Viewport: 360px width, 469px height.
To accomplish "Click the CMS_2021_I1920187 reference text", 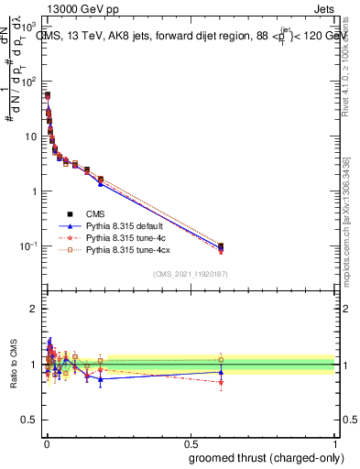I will click(x=191, y=273).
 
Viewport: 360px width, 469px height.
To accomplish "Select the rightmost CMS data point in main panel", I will click(x=221, y=246).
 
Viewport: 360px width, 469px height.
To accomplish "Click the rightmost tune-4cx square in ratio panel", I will click(x=221, y=359).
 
